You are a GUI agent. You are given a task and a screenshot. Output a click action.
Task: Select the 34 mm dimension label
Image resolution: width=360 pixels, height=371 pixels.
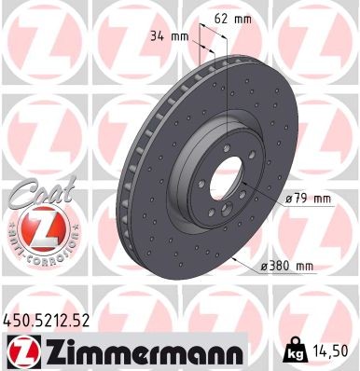pos(169,36)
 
